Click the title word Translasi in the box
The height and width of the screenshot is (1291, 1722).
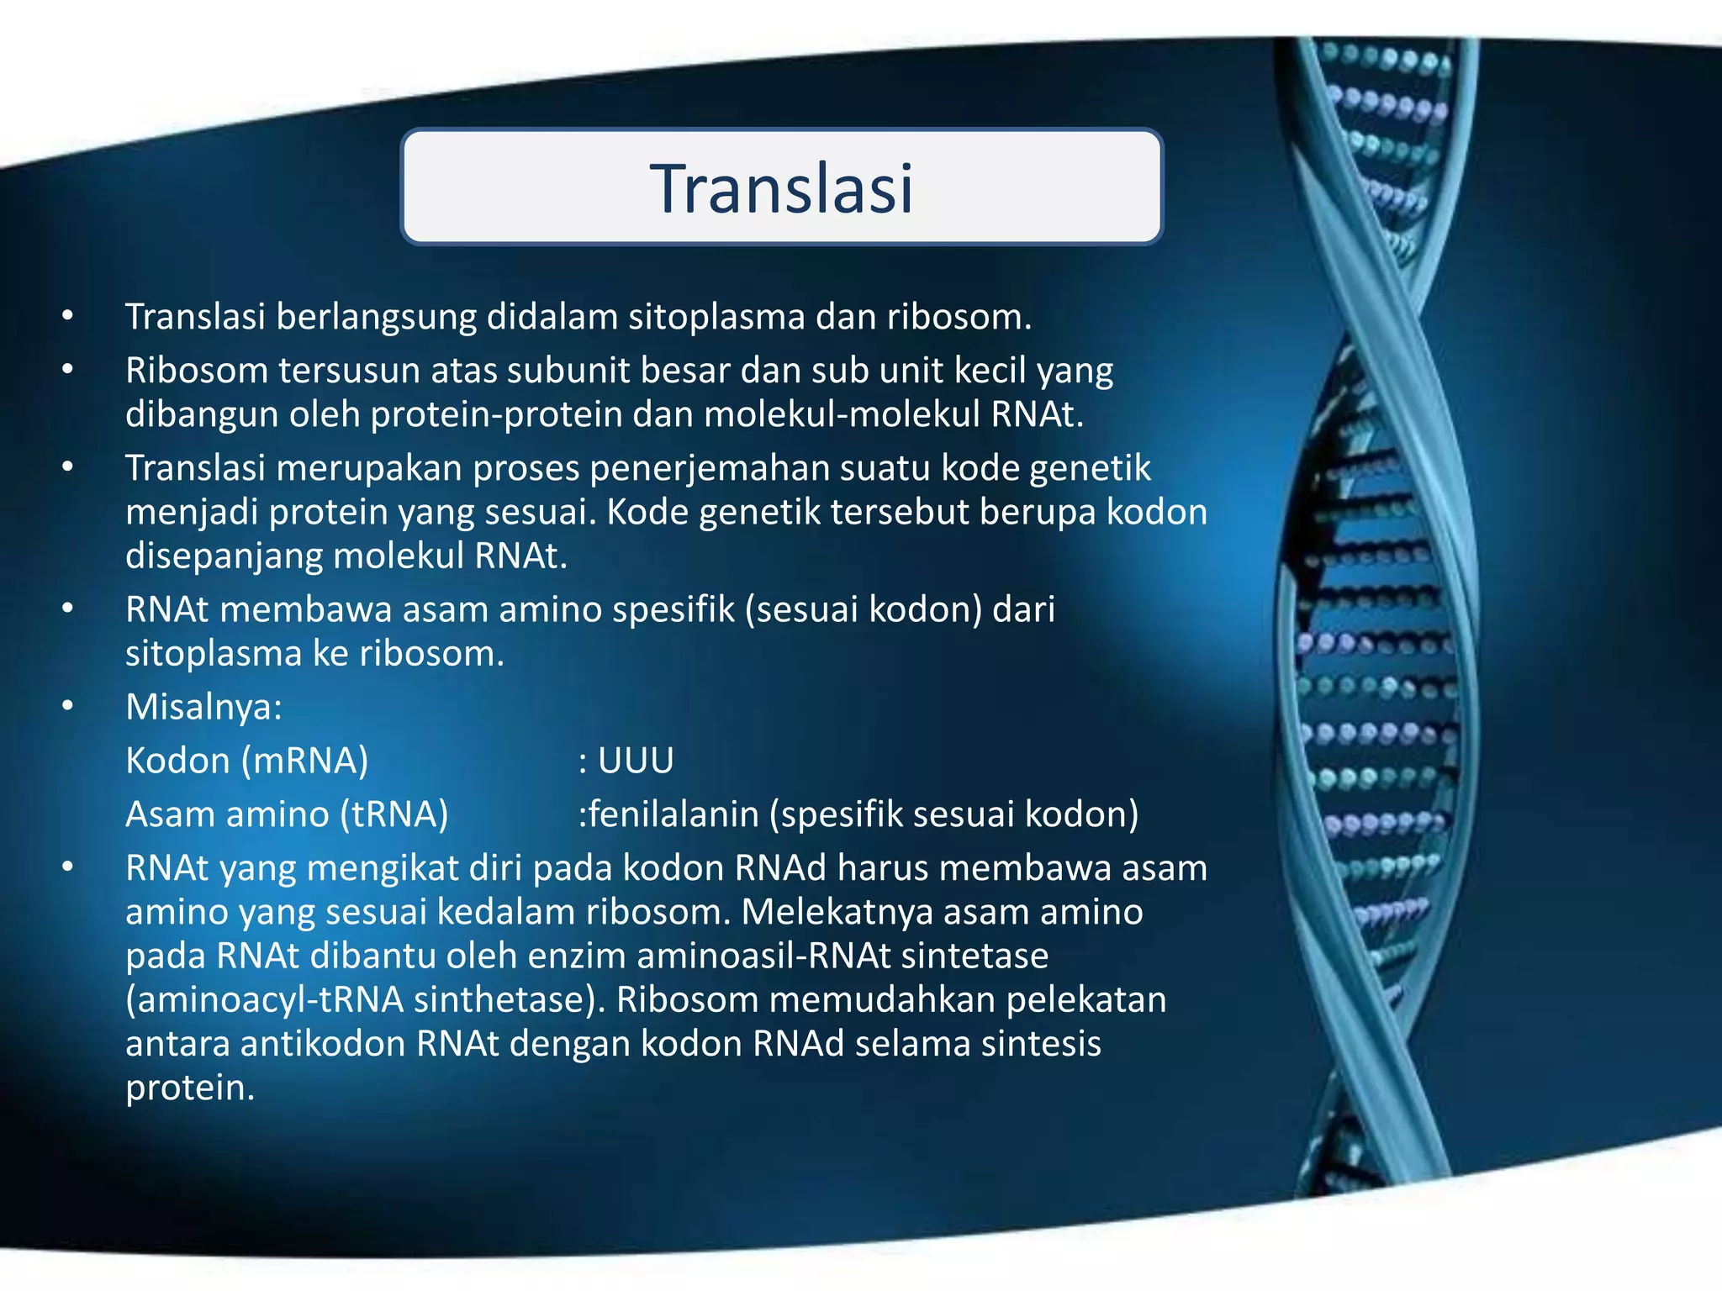coord(781,188)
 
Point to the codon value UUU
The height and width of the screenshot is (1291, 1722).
coord(636,761)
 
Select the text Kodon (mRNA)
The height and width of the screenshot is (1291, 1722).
coord(246,761)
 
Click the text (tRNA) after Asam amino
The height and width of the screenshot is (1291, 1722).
coord(394,814)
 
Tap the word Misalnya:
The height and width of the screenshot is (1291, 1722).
coord(203,707)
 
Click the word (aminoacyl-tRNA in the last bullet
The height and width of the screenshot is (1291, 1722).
coord(264,1000)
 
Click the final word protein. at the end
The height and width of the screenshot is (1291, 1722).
coord(190,1088)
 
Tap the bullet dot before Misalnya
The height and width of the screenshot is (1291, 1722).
coord(68,707)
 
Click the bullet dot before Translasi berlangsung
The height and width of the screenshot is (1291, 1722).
coord(68,317)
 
